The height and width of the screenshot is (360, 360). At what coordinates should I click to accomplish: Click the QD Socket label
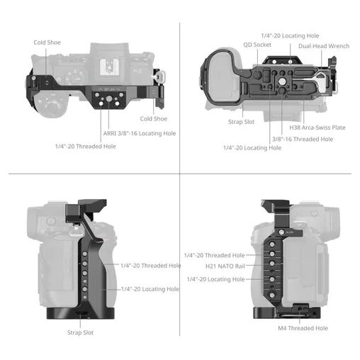[x=257, y=45]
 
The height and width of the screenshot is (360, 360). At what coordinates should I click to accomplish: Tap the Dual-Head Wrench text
[x=324, y=46]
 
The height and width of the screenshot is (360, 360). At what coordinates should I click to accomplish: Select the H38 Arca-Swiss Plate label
[x=317, y=128]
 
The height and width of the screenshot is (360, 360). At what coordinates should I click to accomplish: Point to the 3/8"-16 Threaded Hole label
[x=303, y=139]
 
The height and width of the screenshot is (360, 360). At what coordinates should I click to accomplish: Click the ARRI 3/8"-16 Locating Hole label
[x=140, y=133]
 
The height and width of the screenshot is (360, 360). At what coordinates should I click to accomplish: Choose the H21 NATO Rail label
[x=225, y=266]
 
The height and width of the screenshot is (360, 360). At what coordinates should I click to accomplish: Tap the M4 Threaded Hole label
[x=303, y=328]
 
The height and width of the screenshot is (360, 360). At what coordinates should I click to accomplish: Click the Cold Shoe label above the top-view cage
[x=47, y=43]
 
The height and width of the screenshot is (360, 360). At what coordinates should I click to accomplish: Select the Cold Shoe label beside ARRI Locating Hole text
[x=154, y=119]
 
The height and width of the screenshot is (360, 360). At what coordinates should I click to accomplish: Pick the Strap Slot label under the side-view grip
[x=80, y=332]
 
